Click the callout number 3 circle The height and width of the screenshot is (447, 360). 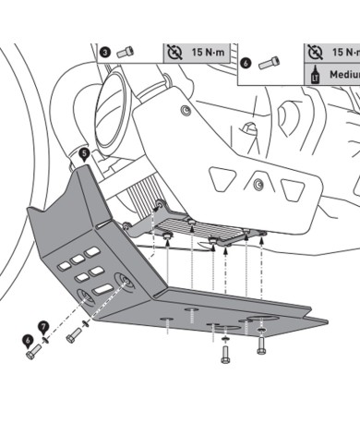105,53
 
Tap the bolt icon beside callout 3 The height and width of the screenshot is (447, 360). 126,52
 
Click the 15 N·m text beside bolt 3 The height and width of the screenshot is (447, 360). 209,52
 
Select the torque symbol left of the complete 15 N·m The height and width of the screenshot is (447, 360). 174,52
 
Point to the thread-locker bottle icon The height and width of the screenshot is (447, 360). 315,74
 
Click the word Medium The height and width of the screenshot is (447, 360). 344,75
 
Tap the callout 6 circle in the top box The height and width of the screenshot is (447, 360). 246,64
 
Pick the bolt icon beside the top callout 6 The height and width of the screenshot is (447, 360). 270,63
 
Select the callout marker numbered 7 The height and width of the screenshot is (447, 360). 43,328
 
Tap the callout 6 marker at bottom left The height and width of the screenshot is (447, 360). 28,342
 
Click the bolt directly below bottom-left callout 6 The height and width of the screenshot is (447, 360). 33,352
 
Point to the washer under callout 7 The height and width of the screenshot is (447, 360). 46,339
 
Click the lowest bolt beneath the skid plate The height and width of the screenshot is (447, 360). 225,355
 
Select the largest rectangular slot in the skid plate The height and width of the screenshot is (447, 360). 102,289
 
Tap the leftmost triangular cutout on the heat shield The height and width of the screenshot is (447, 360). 222,179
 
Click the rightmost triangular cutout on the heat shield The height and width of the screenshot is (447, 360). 294,190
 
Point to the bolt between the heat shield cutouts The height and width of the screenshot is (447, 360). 258,185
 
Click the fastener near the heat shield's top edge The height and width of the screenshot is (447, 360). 186,110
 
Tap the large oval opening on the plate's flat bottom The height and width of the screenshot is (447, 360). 263,320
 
